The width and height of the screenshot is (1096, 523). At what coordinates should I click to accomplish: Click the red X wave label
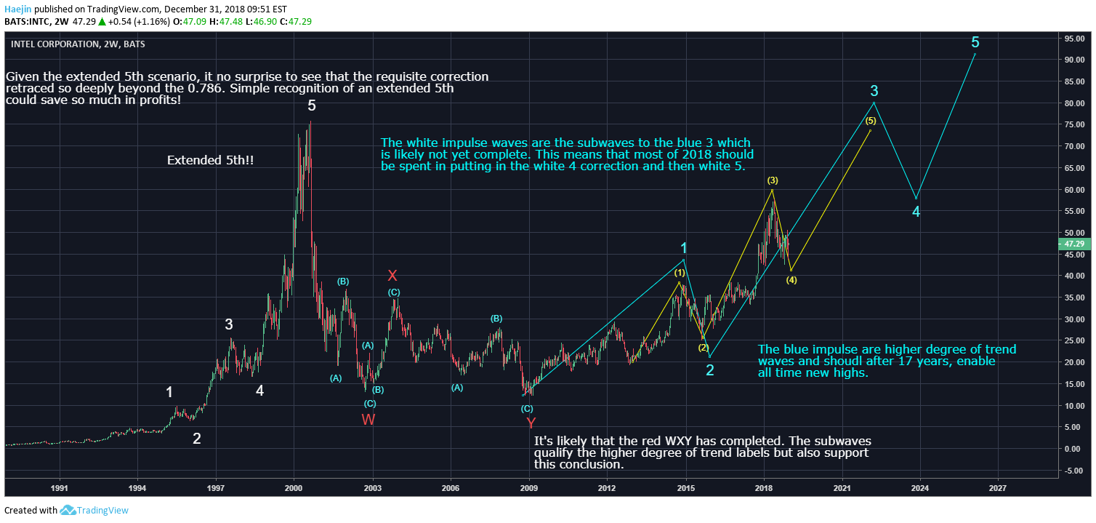(392, 276)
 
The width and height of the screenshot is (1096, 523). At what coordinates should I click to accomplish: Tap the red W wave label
(368, 420)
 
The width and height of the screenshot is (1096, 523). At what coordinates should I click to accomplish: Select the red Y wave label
(531, 423)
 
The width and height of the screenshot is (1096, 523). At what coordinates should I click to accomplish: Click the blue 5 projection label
(975, 42)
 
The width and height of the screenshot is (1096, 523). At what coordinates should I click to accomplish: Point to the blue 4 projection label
(916, 212)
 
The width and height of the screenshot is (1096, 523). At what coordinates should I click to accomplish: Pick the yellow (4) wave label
(791, 280)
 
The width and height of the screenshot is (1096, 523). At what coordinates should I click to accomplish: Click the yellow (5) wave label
(870, 121)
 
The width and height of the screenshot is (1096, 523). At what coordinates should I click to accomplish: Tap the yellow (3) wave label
(773, 180)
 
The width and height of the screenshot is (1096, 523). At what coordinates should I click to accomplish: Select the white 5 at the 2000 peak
(312, 106)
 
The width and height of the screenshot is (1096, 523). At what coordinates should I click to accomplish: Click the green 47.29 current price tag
(1075, 244)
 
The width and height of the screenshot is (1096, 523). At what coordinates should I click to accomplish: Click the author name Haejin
(17, 9)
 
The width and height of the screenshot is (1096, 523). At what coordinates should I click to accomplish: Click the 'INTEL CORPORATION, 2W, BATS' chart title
(78, 44)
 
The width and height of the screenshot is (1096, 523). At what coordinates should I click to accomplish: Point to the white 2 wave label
(196, 439)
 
